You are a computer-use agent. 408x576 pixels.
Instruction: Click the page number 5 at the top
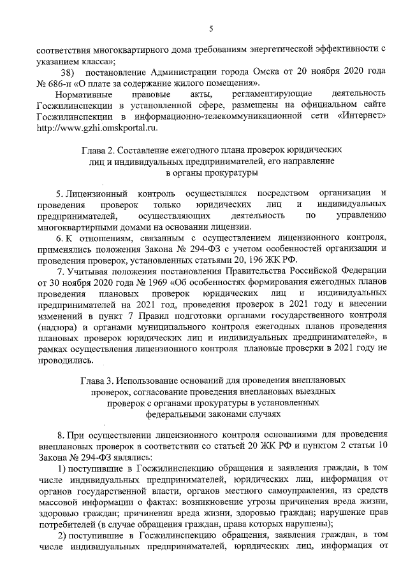point(211,28)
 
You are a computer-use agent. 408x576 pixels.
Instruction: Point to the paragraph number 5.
point(60,192)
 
